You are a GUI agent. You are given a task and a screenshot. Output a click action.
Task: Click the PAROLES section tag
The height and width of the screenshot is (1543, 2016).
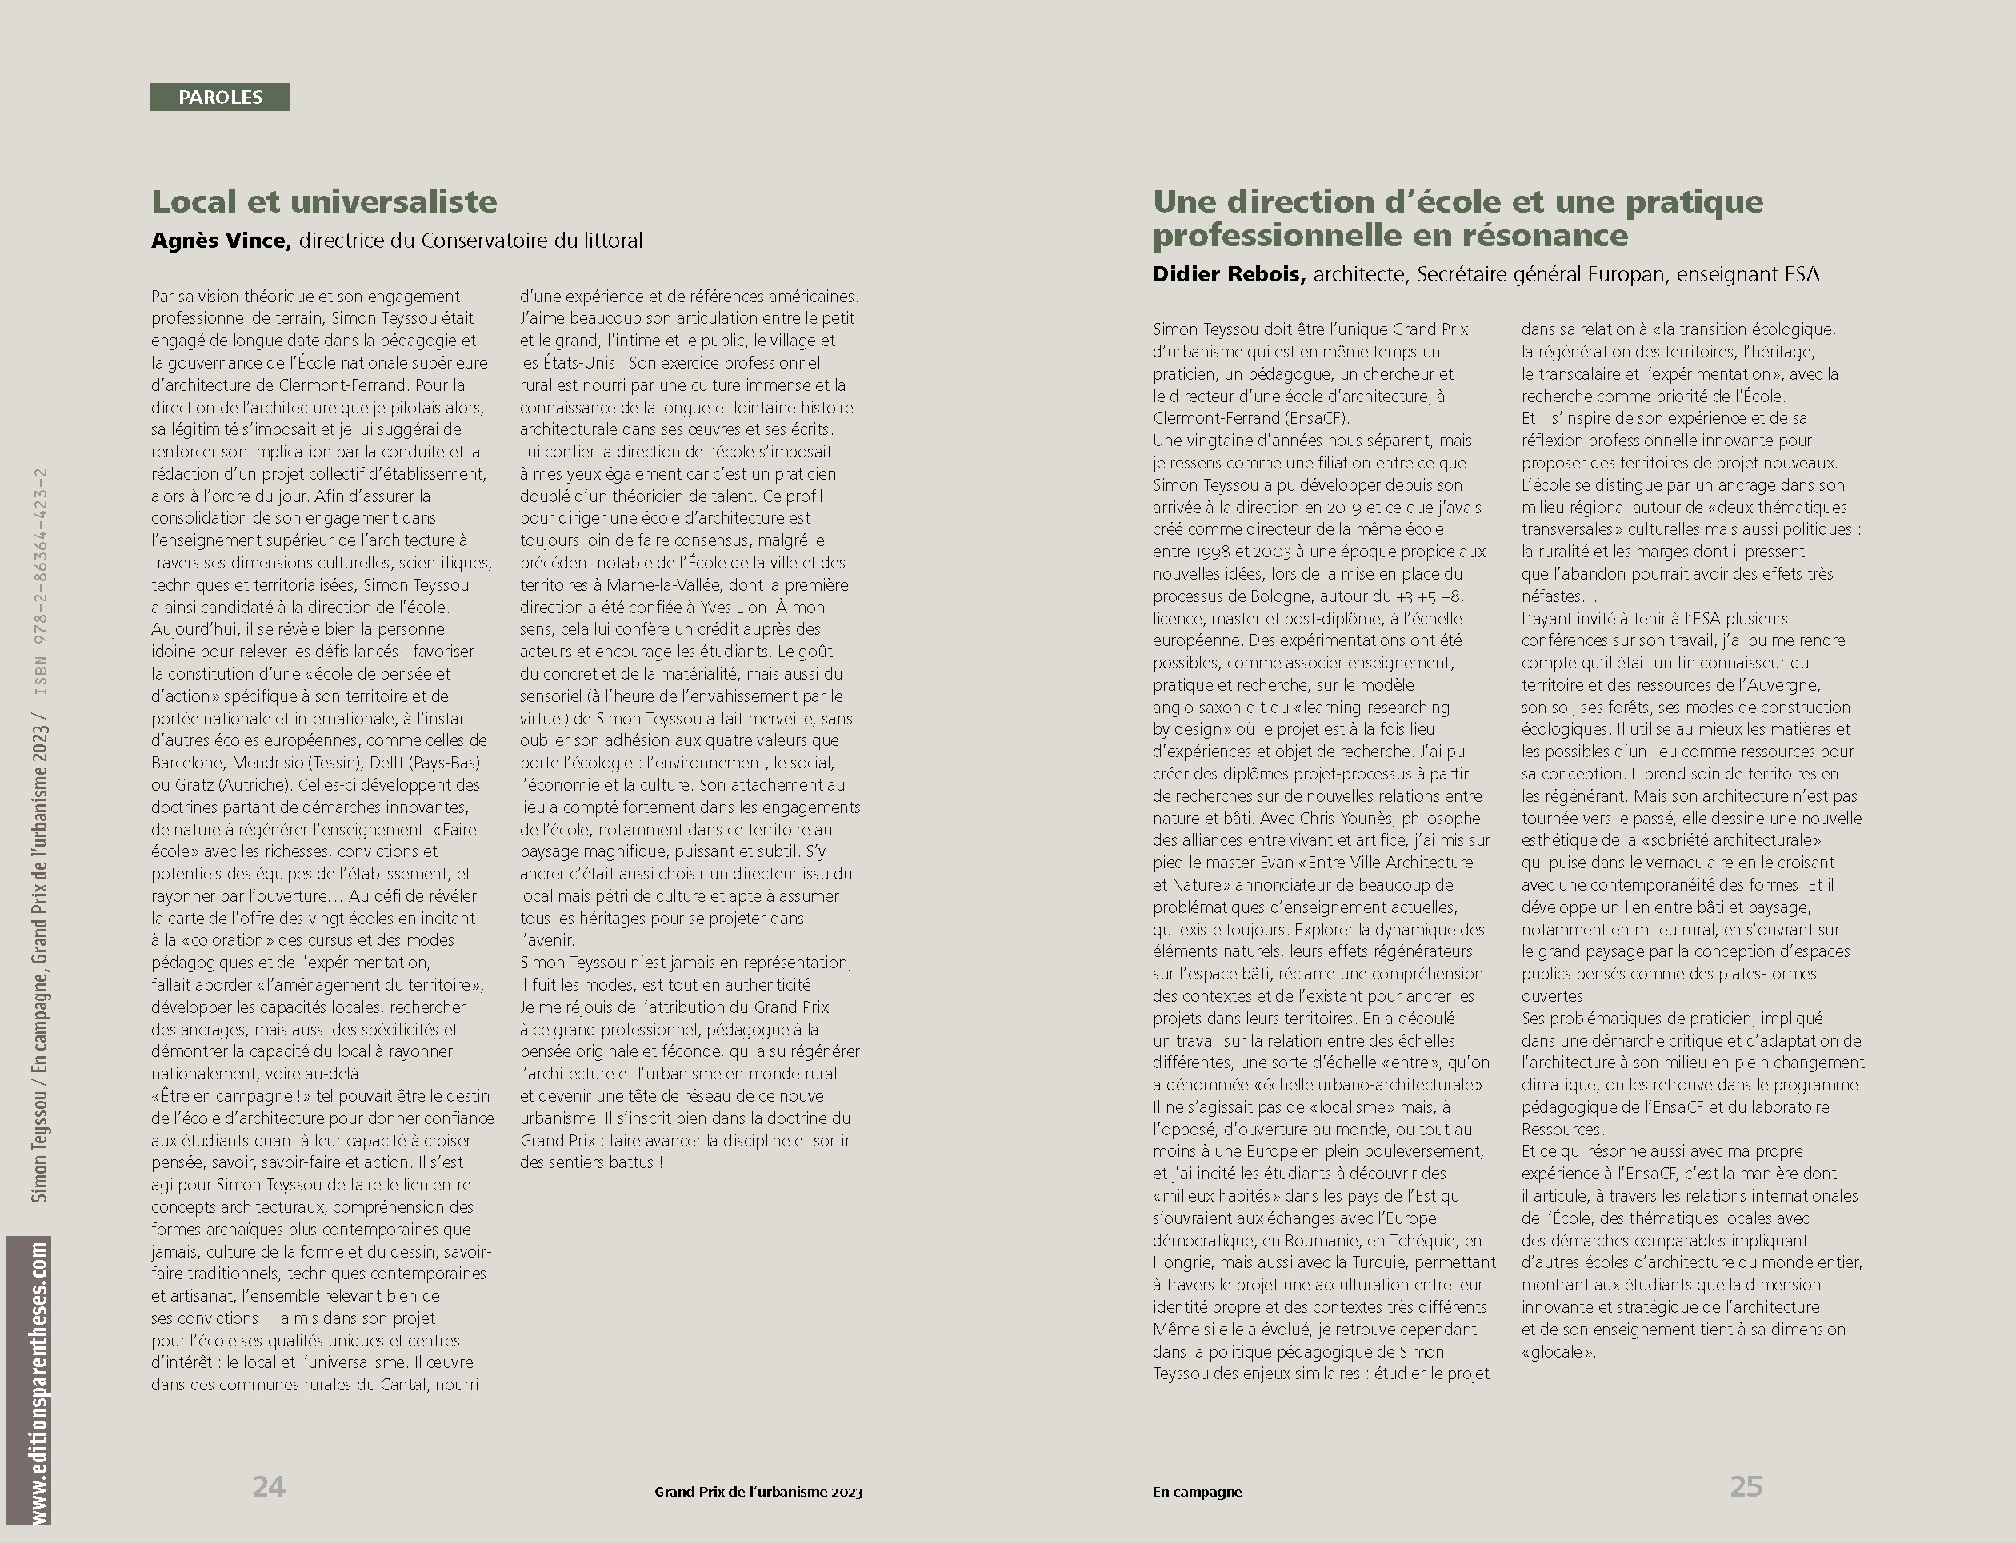(x=221, y=98)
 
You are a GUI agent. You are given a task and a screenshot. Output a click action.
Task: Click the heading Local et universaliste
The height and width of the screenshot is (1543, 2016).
(x=323, y=202)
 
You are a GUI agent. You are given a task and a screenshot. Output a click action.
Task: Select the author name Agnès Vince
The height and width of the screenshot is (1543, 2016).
(x=221, y=241)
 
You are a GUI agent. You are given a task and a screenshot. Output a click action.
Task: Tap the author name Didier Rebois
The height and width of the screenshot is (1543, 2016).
(x=1229, y=273)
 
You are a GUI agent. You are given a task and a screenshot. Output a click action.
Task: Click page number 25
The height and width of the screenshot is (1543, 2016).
(x=1746, y=1486)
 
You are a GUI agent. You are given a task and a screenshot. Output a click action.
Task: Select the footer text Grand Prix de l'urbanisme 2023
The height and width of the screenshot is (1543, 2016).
(x=758, y=1492)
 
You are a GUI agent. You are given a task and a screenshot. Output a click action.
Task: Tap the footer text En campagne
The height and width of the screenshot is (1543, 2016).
(x=1196, y=1492)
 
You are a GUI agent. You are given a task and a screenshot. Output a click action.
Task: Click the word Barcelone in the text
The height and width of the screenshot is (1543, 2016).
(x=187, y=763)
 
